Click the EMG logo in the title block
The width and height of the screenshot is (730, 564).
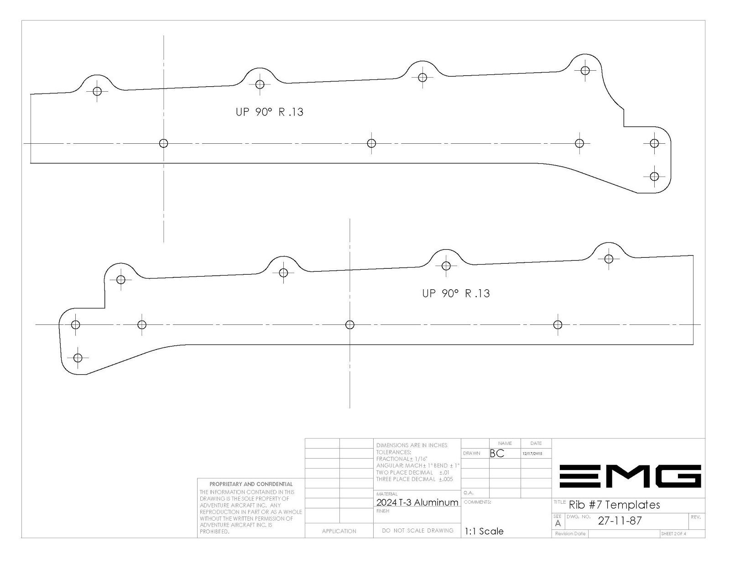(x=630, y=476)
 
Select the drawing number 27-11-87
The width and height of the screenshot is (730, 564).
(x=620, y=521)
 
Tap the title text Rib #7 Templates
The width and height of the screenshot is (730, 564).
(x=615, y=505)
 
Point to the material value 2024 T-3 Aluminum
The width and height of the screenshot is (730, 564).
(x=417, y=502)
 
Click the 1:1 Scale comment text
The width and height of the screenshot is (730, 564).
(x=484, y=532)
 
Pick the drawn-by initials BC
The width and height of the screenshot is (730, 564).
(x=497, y=454)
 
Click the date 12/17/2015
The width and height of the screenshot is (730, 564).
(x=532, y=454)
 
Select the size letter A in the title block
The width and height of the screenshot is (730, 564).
(x=558, y=524)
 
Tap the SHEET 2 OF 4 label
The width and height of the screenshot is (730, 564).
(x=673, y=534)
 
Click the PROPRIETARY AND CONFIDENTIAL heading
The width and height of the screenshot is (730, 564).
(x=251, y=484)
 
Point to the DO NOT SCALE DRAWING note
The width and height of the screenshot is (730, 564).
(x=417, y=531)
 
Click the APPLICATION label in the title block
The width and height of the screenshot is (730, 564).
(x=339, y=531)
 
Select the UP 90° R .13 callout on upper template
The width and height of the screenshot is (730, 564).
(x=270, y=112)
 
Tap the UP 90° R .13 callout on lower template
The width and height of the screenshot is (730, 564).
(x=456, y=293)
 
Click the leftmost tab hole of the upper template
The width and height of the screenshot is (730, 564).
(x=97, y=91)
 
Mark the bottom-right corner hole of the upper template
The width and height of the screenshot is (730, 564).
(x=654, y=176)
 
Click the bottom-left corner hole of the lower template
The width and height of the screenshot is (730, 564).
(x=78, y=358)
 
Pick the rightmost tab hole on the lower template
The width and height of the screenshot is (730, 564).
(x=609, y=259)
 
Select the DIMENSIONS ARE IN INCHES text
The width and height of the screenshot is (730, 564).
(x=412, y=445)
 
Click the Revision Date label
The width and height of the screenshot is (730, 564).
(x=570, y=534)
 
